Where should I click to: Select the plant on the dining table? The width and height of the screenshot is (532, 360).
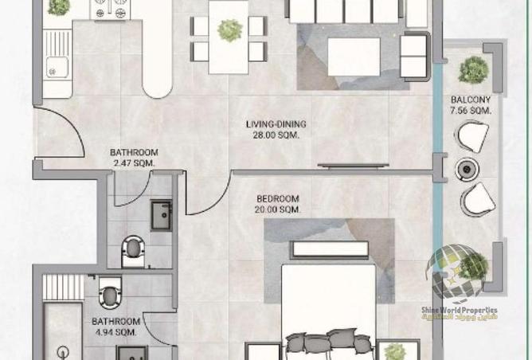(x=229, y=30)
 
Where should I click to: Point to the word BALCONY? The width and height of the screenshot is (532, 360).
(x=471, y=100)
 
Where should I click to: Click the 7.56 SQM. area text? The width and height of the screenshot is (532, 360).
(x=471, y=110)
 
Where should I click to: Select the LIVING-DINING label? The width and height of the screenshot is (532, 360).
(x=275, y=124)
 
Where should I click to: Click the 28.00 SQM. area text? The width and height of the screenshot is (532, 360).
(x=275, y=135)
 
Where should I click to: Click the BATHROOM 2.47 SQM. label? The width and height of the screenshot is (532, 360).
(x=134, y=158)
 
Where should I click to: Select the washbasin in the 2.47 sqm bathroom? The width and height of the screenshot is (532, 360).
(x=162, y=215)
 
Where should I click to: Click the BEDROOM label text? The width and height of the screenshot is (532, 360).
(x=277, y=199)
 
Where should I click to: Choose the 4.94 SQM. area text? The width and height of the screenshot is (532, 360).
(x=117, y=333)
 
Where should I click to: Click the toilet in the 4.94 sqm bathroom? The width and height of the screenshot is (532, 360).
(x=110, y=292)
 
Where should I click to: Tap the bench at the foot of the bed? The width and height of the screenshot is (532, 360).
(x=331, y=248)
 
